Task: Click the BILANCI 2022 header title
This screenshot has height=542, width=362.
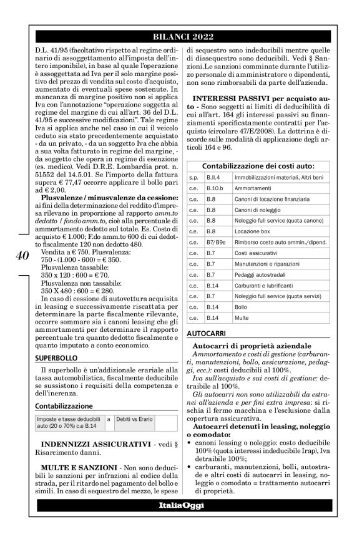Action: coord(181,36)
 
